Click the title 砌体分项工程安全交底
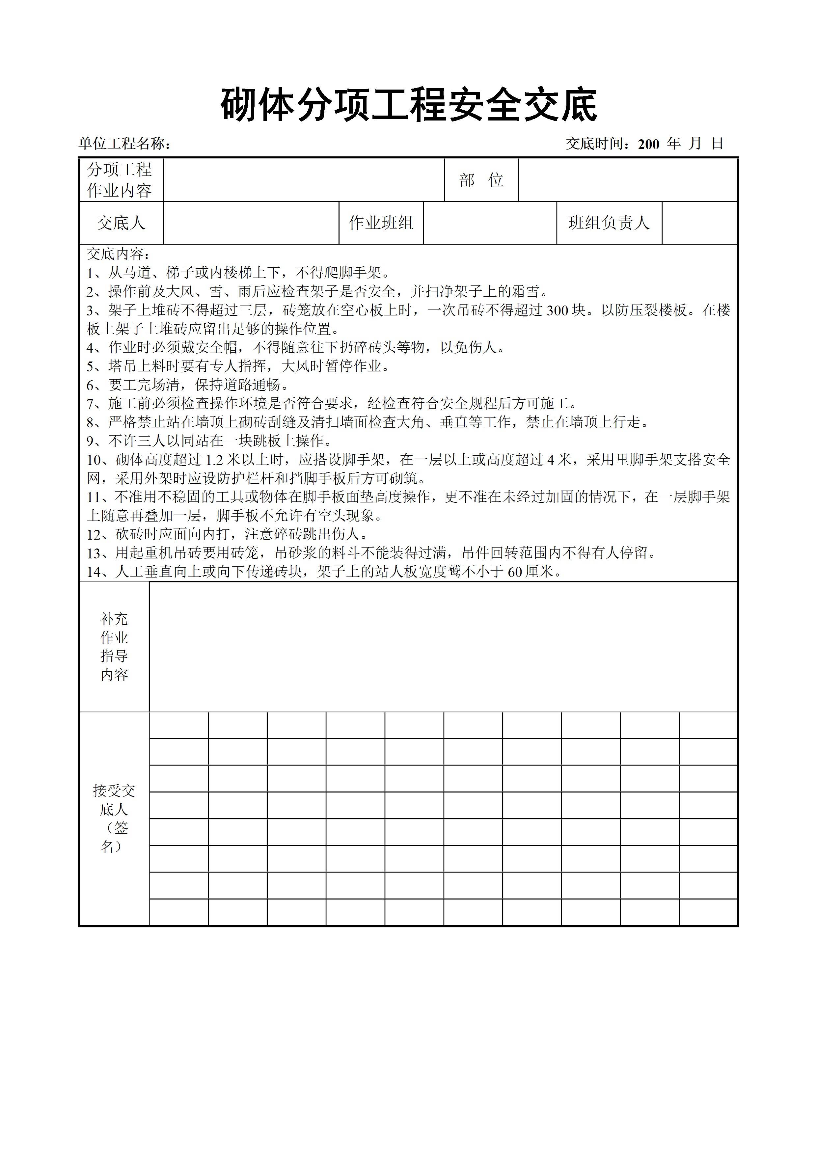[408, 105]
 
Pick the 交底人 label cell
[121, 223]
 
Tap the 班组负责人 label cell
[609, 223]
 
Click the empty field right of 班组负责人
[699, 223]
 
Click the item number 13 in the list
[94, 553]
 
